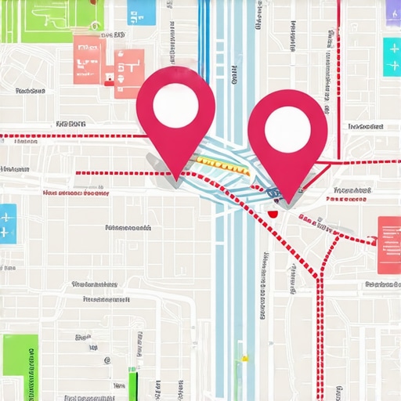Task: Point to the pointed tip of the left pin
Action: click(x=176, y=179)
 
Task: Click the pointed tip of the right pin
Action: click(x=287, y=201)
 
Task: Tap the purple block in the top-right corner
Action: click(x=393, y=9)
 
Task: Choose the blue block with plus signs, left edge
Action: click(x=7, y=223)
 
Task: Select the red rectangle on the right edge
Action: click(x=388, y=244)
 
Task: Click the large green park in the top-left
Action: click(x=39, y=20)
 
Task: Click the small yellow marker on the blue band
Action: click(x=244, y=359)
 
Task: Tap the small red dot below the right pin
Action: click(x=272, y=213)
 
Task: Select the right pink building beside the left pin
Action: click(x=129, y=72)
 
